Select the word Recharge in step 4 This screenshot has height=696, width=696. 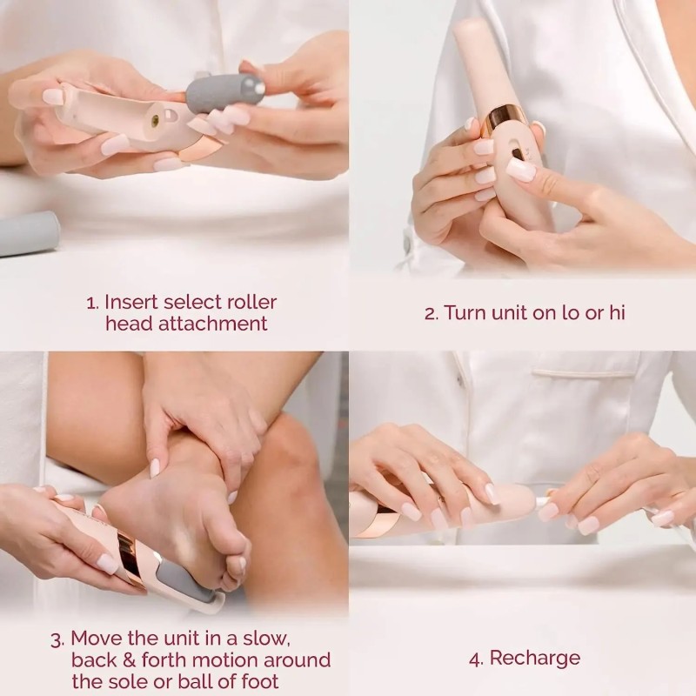pos(534,658)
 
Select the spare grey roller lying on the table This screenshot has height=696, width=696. pos(26,234)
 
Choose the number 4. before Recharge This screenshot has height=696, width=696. pos(475,659)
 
